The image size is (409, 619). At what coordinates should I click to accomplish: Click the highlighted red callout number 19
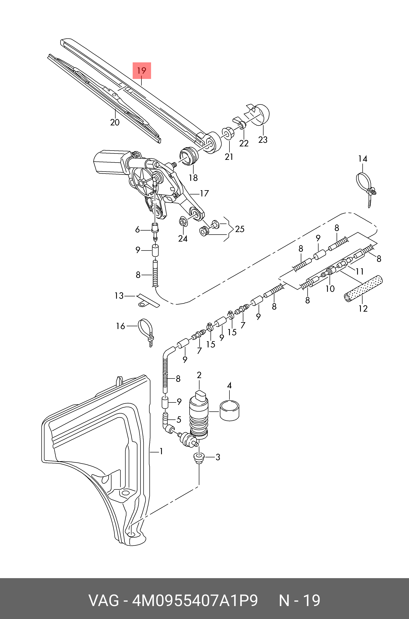(142, 70)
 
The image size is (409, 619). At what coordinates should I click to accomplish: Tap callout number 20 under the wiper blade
(115, 122)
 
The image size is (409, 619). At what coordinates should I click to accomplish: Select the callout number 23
(263, 140)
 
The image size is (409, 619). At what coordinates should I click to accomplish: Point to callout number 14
(363, 159)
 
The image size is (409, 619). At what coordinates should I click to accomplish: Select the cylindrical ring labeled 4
(230, 411)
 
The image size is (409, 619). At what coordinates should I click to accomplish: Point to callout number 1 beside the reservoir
(161, 451)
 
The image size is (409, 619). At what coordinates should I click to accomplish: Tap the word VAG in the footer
(104, 600)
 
